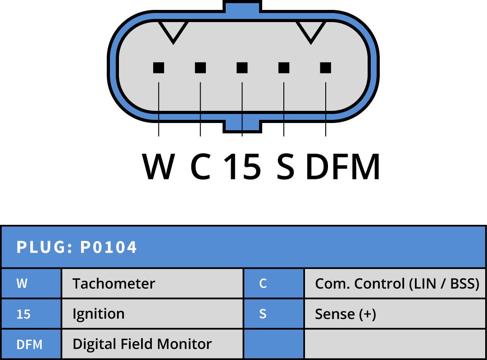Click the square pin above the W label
pos(159,68)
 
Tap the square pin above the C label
pos(200,68)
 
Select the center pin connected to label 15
pos(242,68)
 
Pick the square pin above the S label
pos(284,68)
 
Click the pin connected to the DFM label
pos(326,68)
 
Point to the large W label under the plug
pos(158,167)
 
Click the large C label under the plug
pos(200,167)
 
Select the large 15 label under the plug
pos(242,167)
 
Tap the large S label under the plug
pos(285,167)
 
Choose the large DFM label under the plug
pos(343,167)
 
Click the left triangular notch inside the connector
pos(173,31)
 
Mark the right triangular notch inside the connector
pos(310,31)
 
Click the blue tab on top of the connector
pos(242,6)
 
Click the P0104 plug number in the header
pos(108,247)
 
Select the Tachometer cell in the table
pos(152,283)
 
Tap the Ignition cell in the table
pos(152,314)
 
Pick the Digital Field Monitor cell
pos(152,344)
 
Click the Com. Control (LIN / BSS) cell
pos(395,283)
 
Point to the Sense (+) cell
pos(395,314)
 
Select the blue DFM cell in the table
pos(31,344)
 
